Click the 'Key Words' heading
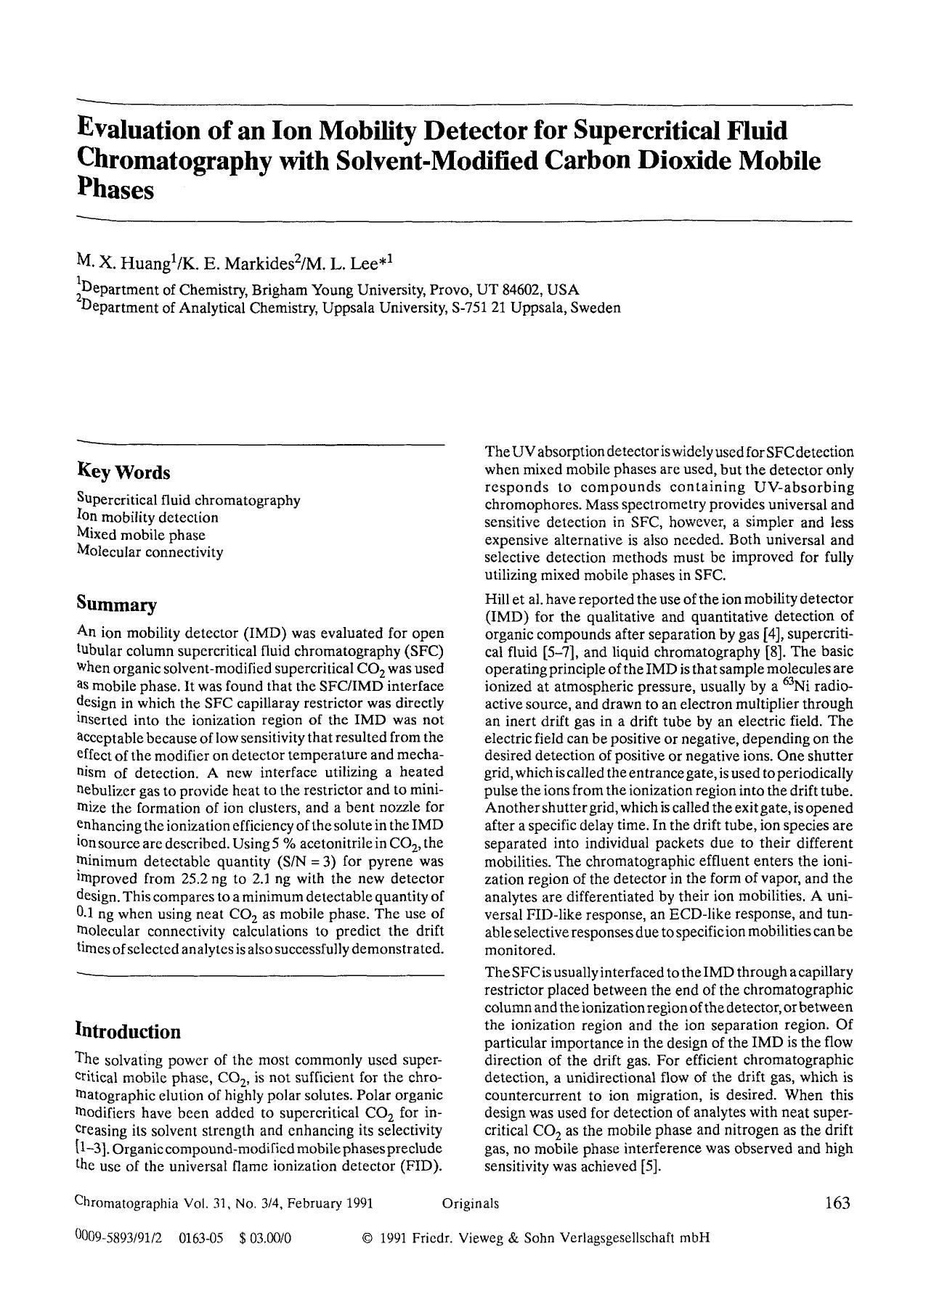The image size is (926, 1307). pos(123,472)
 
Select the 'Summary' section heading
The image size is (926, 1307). pos(116,605)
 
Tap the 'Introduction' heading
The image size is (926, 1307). pos(128,1031)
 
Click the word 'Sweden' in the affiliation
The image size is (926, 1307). pos(596,308)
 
